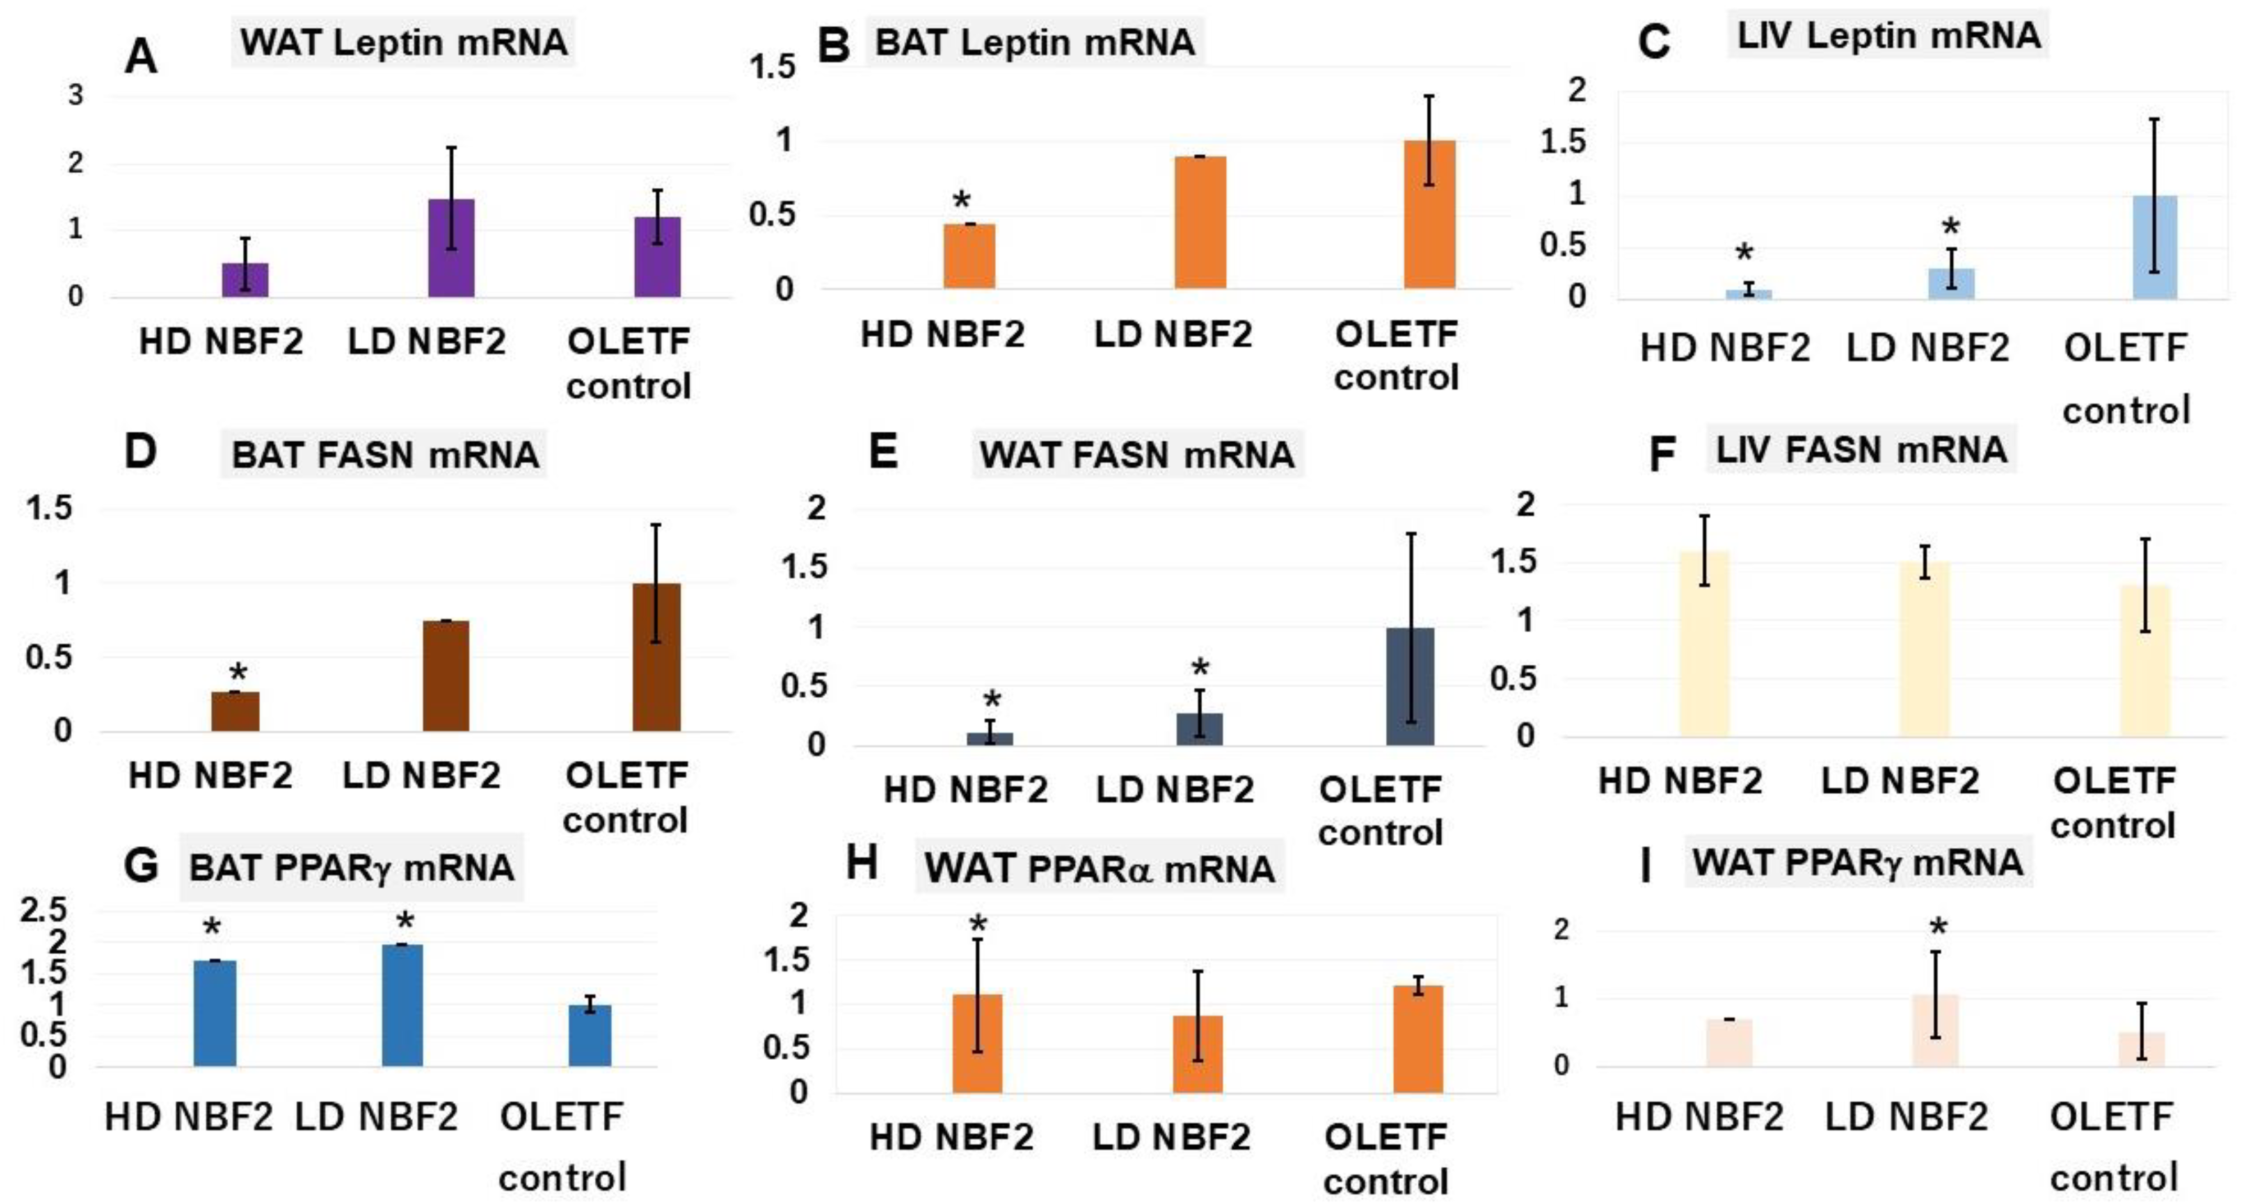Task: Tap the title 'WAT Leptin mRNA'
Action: [x=403, y=42]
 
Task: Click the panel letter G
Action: [x=141, y=867]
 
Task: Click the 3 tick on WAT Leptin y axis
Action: [x=76, y=95]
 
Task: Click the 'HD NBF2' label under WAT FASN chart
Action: [x=966, y=790]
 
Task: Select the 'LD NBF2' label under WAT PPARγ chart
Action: [x=1907, y=1117]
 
